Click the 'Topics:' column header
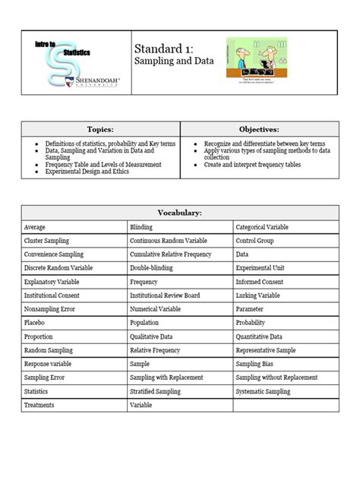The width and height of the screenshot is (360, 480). [100, 130]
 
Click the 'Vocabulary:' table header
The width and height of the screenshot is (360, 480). [180, 214]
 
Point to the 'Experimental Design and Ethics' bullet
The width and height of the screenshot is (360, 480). [87, 172]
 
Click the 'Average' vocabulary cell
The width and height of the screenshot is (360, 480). [36, 227]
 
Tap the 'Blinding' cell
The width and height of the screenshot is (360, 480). [141, 227]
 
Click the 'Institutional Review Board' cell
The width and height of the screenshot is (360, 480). [165, 295]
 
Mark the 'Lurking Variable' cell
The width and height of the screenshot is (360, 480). [257, 295]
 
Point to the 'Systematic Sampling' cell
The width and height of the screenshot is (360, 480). [263, 392]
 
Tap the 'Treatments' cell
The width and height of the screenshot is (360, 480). [39, 406]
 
